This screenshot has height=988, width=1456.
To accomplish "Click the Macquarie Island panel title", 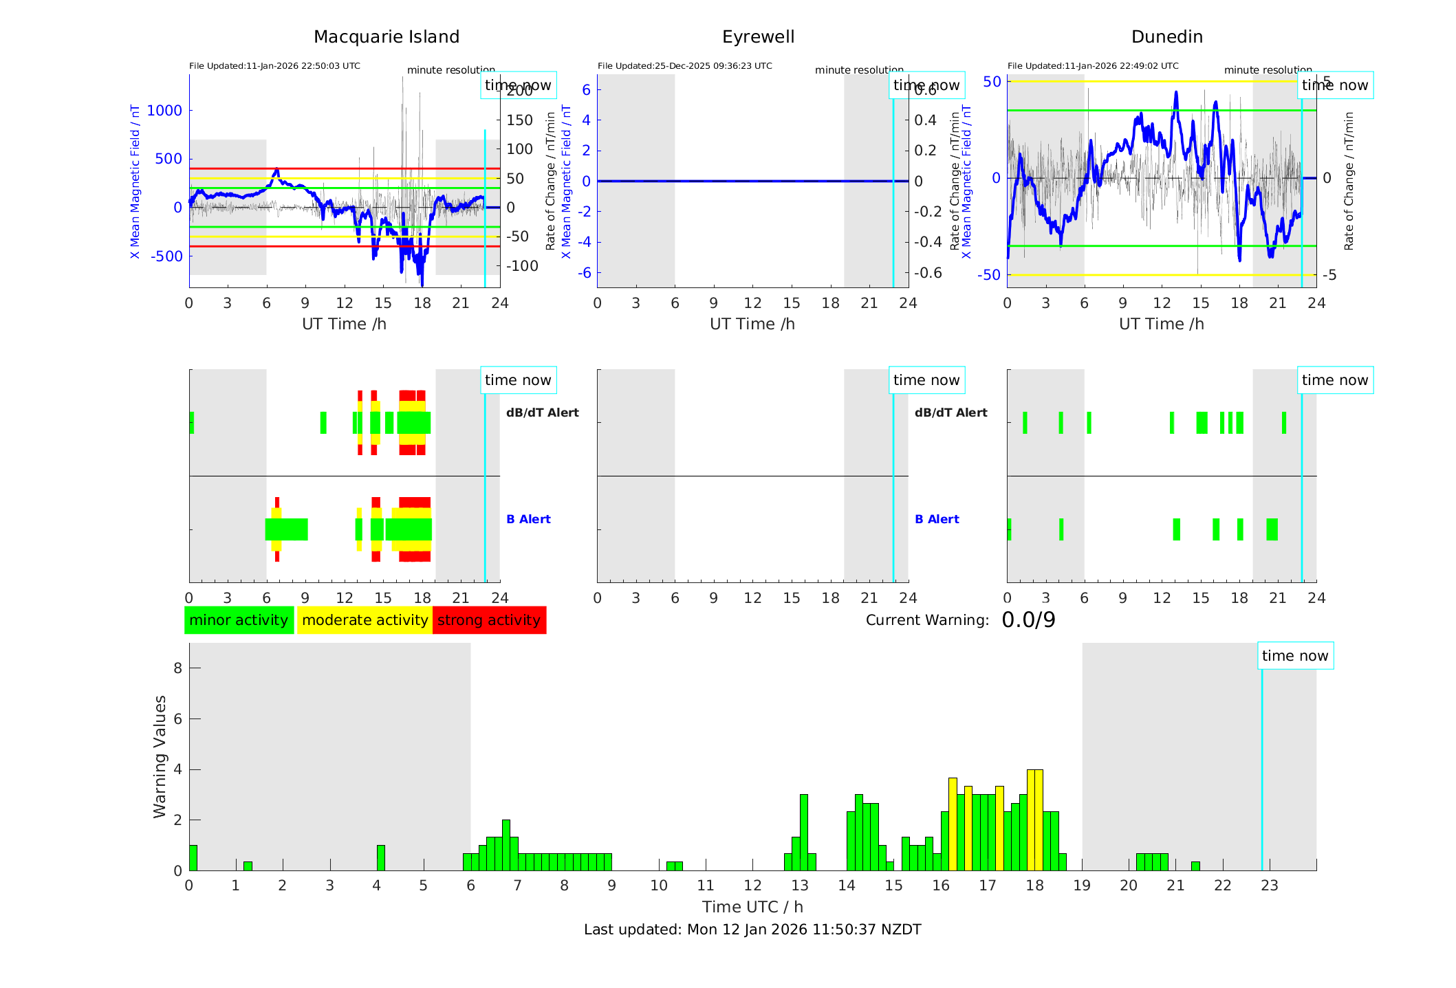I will pyautogui.click(x=386, y=37).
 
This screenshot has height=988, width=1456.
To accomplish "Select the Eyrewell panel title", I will pyautogui.click(x=758, y=37).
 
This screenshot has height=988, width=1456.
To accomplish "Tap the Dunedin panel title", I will pyautogui.click(x=1166, y=37).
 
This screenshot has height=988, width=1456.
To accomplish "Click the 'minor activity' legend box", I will pyautogui.click(x=239, y=620).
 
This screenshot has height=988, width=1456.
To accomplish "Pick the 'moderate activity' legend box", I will pyautogui.click(x=365, y=620).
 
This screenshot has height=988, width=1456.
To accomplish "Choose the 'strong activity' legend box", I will pyautogui.click(x=489, y=620).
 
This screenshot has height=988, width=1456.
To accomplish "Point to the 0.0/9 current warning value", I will pyautogui.click(x=1028, y=620).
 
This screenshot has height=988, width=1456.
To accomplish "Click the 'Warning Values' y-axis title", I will pyautogui.click(x=160, y=756).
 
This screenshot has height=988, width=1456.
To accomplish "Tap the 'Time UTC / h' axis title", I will pyautogui.click(x=752, y=907).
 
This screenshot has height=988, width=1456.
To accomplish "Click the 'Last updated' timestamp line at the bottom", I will pyautogui.click(x=752, y=930).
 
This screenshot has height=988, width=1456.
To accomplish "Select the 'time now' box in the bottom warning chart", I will pyautogui.click(x=1295, y=656).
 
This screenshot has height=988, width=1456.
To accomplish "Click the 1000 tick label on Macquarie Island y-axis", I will pyautogui.click(x=164, y=111).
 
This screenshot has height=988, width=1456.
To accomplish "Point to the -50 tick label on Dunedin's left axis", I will pyautogui.click(x=991, y=275).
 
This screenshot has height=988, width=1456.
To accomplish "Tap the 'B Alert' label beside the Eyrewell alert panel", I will pyautogui.click(x=937, y=519).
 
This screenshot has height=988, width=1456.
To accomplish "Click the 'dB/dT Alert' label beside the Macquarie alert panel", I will pyautogui.click(x=542, y=413).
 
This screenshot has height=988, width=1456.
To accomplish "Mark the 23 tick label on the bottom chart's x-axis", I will pyautogui.click(x=1269, y=886).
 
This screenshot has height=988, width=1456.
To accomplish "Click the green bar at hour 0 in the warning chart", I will pyautogui.click(x=193, y=858).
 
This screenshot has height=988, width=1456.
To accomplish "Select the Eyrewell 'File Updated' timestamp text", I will pyautogui.click(x=684, y=66).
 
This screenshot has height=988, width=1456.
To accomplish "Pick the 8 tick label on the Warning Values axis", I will pyautogui.click(x=178, y=668).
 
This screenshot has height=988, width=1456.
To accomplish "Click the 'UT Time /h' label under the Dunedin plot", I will pyautogui.click(x=1161, y=324).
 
